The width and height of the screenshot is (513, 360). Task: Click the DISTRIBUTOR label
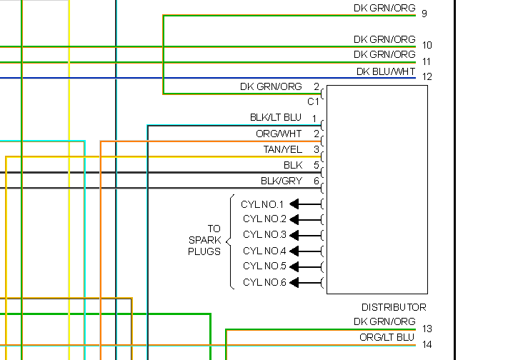coord(394,307)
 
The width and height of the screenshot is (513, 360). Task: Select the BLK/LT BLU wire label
coord(275,117)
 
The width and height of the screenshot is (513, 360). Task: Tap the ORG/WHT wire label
coord(279,134)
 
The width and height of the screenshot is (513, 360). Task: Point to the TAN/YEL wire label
coord(282,149)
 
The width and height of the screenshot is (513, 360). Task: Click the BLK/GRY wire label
coord(281,181)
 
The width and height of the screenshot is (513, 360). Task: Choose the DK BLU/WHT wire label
coord(386,72)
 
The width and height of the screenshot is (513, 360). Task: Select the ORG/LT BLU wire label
coord(387,337)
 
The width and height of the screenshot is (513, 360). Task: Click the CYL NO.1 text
coord(262,204)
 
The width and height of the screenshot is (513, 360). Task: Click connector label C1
coord(313,101)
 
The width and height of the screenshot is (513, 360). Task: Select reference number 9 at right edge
coord(424,14)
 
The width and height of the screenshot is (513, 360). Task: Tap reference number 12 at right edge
coord(427,76)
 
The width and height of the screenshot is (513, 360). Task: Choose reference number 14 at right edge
coord(427,345)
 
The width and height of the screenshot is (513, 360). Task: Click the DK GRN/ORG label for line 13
coord(384,322)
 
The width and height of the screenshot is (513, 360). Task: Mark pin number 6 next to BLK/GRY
coord(316,181)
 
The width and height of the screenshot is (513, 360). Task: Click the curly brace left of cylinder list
coord(231,242)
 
